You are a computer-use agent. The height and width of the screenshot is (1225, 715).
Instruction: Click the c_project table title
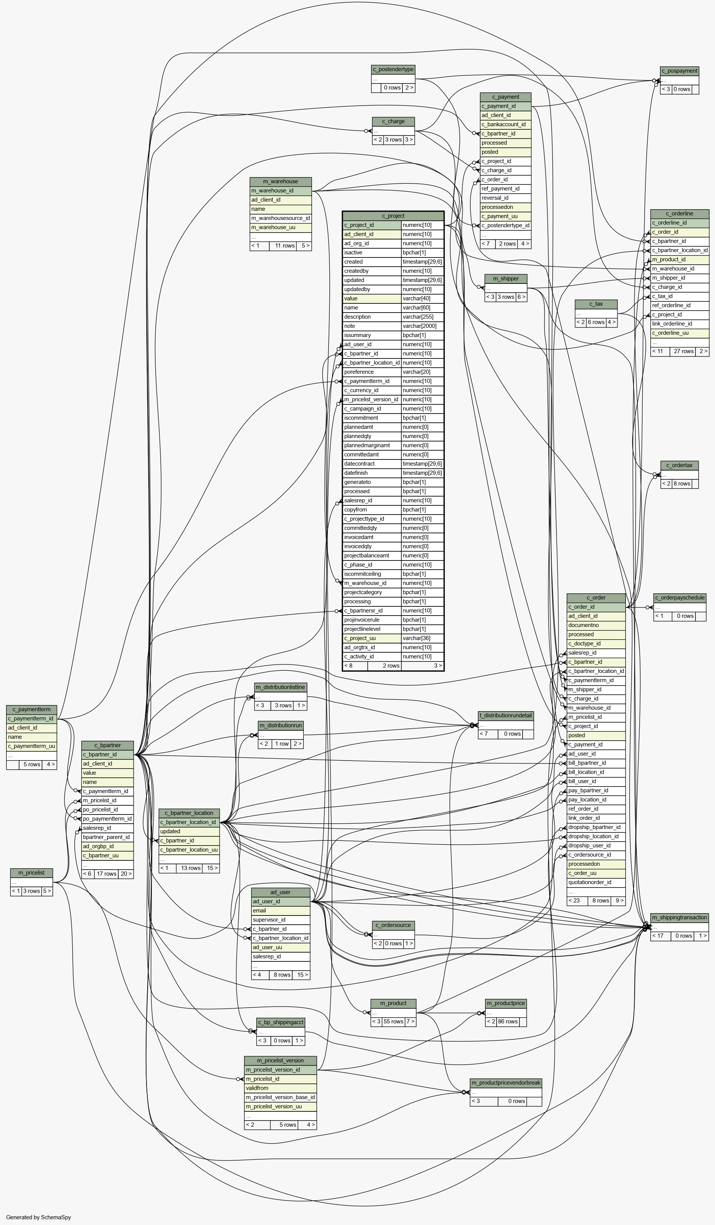click(x=393, y=216)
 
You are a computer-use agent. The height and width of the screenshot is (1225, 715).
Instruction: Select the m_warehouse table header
click(x=280, y=181)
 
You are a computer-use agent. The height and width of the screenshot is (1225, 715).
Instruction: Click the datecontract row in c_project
click(x=372, y=464)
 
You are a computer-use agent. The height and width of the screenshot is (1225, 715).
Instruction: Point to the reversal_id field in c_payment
click(x=505, y=198)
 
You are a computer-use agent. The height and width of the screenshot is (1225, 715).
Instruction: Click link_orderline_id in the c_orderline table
click(x=679, y=324)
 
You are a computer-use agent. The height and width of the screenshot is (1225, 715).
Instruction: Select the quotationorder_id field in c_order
click(x=596, y=882)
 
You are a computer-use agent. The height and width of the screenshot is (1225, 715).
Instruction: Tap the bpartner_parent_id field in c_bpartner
click(x=107, y=837)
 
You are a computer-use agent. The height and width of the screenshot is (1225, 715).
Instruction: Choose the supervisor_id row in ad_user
click(x=280, y=920)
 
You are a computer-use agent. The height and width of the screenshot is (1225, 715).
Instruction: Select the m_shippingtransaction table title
click(x=679, y=917)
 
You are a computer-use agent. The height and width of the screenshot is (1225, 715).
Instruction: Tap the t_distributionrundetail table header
click(x=506, y=715)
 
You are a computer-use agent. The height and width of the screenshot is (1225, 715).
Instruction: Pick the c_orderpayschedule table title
click(x=679, y=598)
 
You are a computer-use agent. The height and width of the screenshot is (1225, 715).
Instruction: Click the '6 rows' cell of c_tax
click(x=596, y=322)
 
